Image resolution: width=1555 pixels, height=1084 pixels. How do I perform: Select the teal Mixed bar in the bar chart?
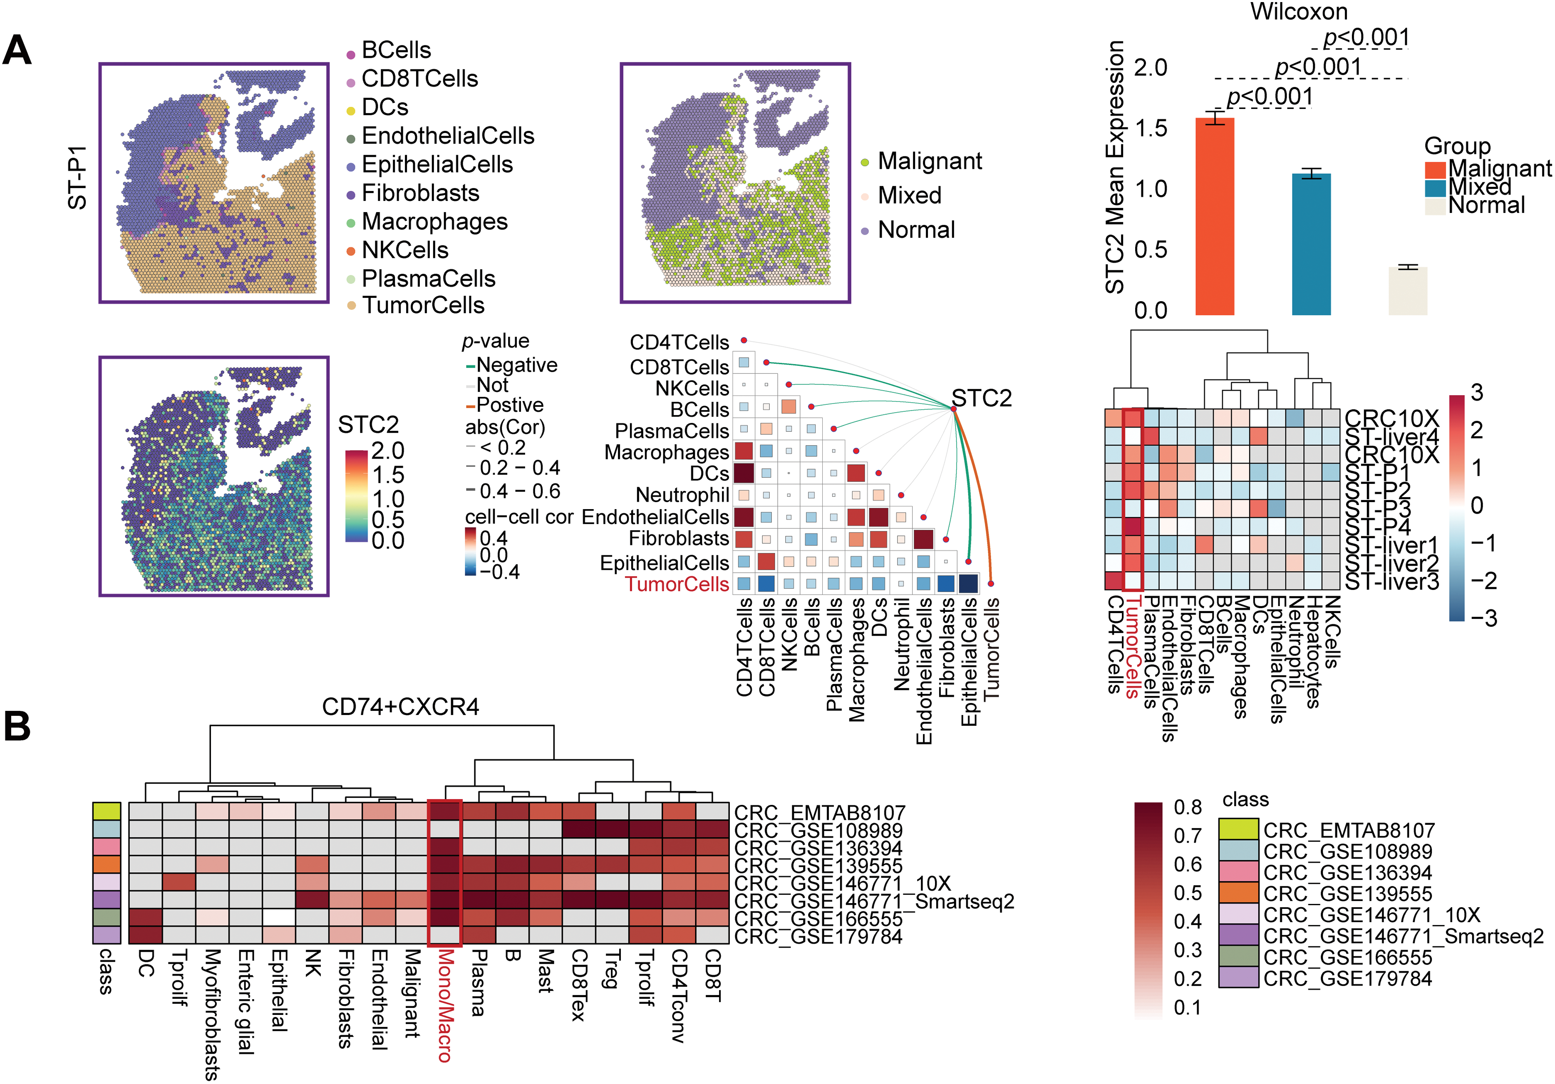pos(1311,244)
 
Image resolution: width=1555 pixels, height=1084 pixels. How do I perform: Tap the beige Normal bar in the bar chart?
pos(1407,291)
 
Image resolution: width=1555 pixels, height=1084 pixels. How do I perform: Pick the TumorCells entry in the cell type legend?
pos(423,305)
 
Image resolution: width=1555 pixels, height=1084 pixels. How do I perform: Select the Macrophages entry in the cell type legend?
pos(434,221)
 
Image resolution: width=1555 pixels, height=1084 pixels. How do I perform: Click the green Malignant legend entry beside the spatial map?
pos(929,161)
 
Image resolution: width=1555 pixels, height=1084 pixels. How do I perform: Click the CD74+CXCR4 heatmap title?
pos(400,707)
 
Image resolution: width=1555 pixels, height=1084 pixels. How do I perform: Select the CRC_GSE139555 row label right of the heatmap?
pos(818,866)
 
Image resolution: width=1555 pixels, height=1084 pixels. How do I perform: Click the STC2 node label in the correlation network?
pos(981,398)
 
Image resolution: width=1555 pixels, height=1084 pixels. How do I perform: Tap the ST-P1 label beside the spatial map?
pos(78,177)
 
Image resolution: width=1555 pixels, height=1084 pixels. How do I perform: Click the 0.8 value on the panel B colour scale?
pos(1187,807)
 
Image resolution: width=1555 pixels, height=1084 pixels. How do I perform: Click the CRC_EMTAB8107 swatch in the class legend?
pos(1238,829)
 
